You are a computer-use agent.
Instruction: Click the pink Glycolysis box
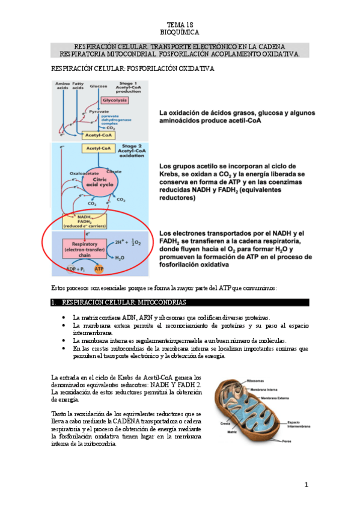click(x=113, y=100)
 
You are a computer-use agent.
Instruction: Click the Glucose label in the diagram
click(x=99, y=87)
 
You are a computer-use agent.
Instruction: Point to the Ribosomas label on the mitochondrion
click(x=256, y=381)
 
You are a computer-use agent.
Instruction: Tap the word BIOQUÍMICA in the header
click(x=180, y=31)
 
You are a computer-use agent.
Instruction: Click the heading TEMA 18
click(x=180, y=24)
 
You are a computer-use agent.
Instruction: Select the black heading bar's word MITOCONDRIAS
click(x=160, y=302)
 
